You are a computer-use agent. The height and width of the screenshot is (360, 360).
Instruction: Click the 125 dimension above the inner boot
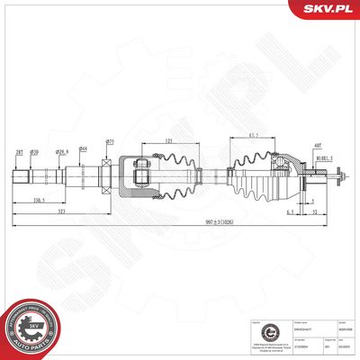(x=169, y=141)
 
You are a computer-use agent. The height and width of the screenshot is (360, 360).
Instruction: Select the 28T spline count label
(x=20, y=151)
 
